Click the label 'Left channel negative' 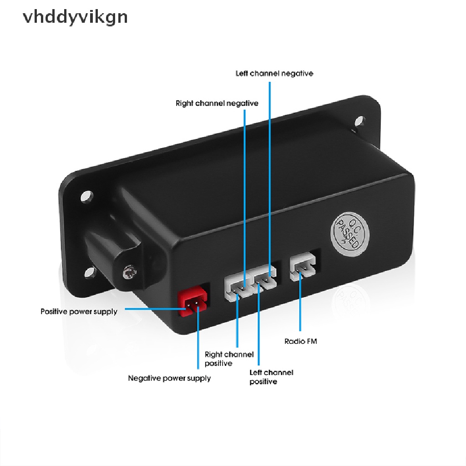pos(274,73)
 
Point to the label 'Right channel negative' pos(217,103)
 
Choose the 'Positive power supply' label pos(79,312)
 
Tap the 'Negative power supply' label pos(169,378)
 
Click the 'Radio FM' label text pos(300,341)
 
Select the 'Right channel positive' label pos(229,359)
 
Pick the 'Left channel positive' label pos(271,377)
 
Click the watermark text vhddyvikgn pos(75,17)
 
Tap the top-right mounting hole pos(360,121)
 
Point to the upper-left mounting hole pos(86,197)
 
